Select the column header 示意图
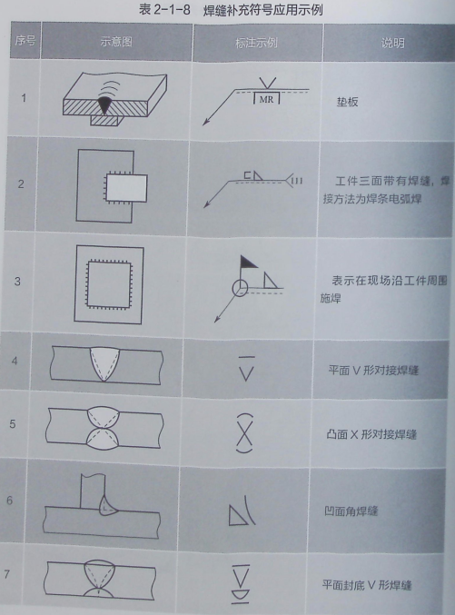[117, 43]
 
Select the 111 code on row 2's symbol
[297, 182]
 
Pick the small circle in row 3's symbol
[238, 288]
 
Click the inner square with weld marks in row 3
[108, 282]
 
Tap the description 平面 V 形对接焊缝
[372, 372]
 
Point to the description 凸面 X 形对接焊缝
[372, 434]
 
